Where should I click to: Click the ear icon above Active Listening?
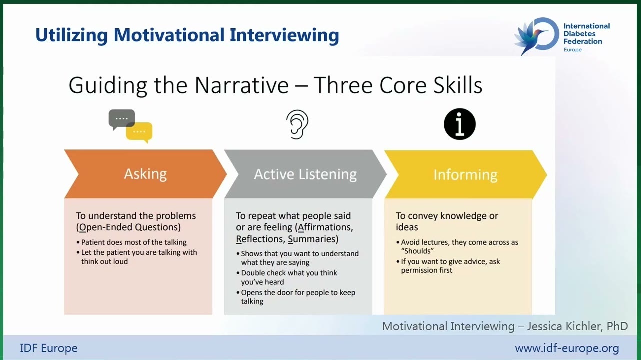(297, 125)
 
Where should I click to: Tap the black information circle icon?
(460, 124)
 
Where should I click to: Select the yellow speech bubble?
(140, 132)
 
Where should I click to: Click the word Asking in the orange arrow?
(145, 173)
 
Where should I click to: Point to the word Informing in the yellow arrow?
(465, 175)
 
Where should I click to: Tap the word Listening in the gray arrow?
(327, 174)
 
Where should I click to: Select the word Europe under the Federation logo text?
(572, 50)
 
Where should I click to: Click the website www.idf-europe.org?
(567, 348)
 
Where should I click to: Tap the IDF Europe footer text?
(49, 348)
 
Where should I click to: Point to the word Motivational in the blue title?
(169, 35)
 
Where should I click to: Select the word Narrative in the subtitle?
(242, 85)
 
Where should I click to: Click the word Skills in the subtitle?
(458, 85)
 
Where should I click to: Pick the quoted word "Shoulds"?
(417, 251)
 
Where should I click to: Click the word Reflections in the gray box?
(260, 239)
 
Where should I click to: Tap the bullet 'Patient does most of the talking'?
(131, 242)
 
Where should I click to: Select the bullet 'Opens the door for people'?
(296, 297)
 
